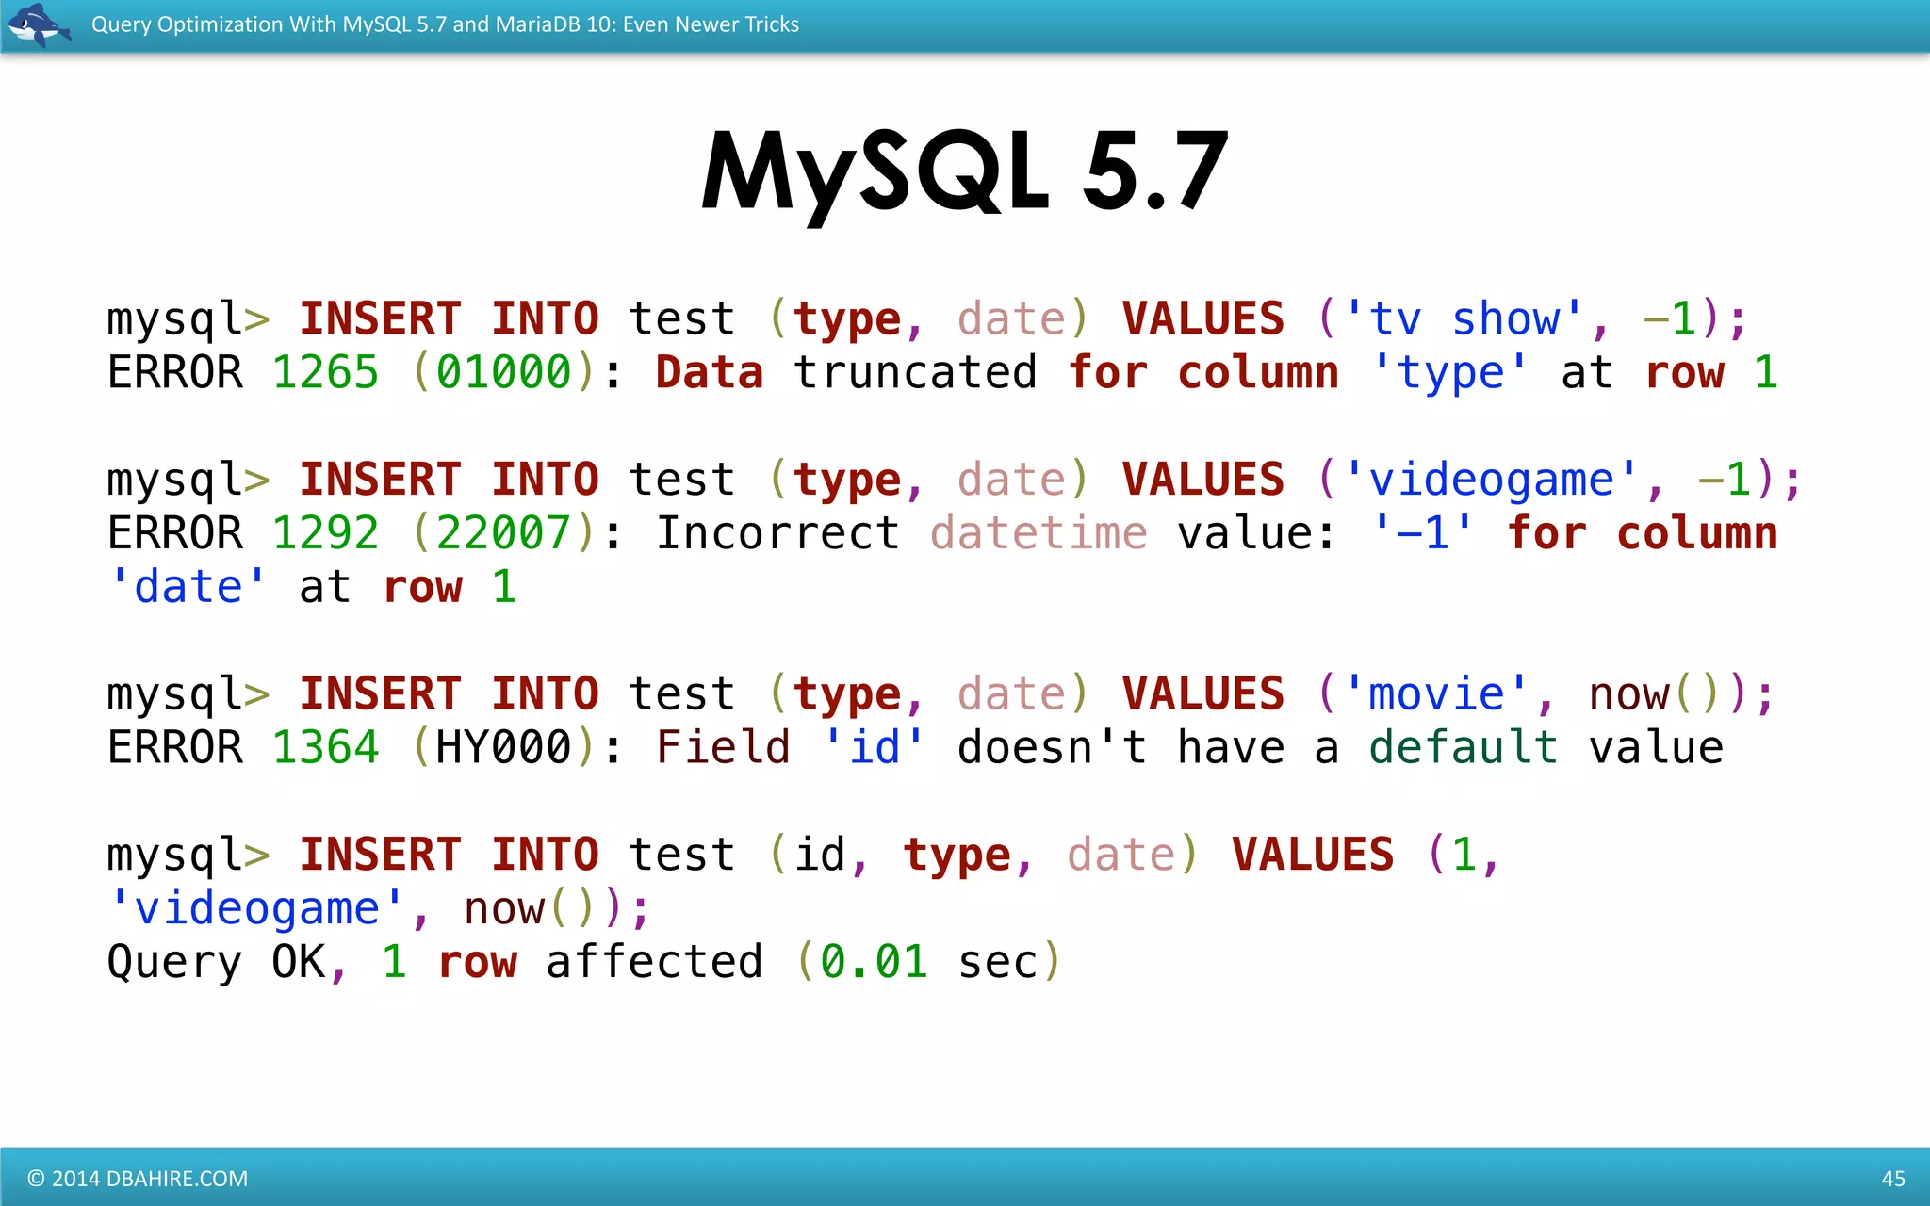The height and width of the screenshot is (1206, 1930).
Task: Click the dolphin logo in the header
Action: pyautogui.click(x=39, y=24)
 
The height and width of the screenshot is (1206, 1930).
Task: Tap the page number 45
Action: pyautogui.click(x=1892, y=1178)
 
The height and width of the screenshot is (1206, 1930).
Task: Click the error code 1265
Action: pyautogui.click(x=325, y=372)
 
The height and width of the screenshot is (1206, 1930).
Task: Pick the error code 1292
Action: pyautogui.click(x=325, y=533)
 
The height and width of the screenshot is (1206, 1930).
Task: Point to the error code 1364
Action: pyautogui.click(x=325, y=747)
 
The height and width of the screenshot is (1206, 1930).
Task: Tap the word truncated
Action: pyautogui.click(x=915, y=372)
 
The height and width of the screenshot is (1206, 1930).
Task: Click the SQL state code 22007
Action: pyautogui.click(x=503, y=533)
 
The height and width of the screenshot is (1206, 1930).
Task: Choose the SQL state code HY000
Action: pyautogui.click(x=503, y=747)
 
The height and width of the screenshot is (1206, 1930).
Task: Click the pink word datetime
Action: pyautogui.click(x=1039, y=533)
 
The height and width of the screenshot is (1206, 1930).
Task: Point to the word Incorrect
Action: pyautogui.click(x=777, y=533)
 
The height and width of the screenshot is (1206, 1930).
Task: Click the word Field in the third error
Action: pyautogui.click(x=723, y=747)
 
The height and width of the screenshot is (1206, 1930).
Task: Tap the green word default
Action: pyautogui.click(x=1464, y=747)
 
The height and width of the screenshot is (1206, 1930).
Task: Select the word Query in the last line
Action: pyautogui.click(x=174, y=962)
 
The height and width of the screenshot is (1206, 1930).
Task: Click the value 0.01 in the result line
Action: pyautogui.click(x=874, y=962)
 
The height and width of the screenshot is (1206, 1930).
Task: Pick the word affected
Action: pyautogui.click(x=654, y=962)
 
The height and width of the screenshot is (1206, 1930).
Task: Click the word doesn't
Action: pyautogui.click(x=1052, y=747)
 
